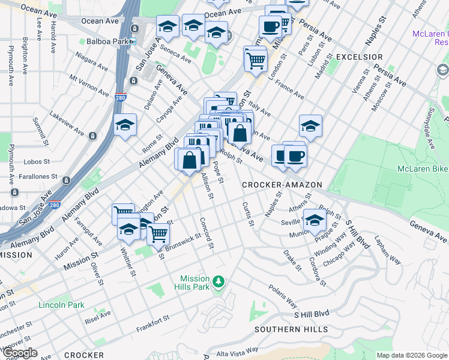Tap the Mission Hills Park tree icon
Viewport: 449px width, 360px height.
219,280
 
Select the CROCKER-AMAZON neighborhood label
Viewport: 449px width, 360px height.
282,185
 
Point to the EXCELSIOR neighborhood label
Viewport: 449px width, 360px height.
360,57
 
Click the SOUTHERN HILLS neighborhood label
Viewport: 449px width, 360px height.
291,329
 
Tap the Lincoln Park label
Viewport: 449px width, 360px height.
61,305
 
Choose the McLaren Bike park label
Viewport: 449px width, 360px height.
423,169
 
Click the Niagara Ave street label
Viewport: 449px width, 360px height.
91,62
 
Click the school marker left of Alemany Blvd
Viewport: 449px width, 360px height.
125,125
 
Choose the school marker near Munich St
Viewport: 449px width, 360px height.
315,220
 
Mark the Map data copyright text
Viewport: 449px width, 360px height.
411,355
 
